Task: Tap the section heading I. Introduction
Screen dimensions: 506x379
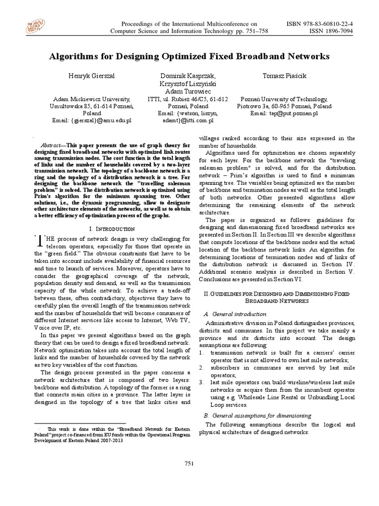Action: pyautogui.click(x=112, y=229)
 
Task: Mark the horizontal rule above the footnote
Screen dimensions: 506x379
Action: pyautogui.click(x=79, y=423)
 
